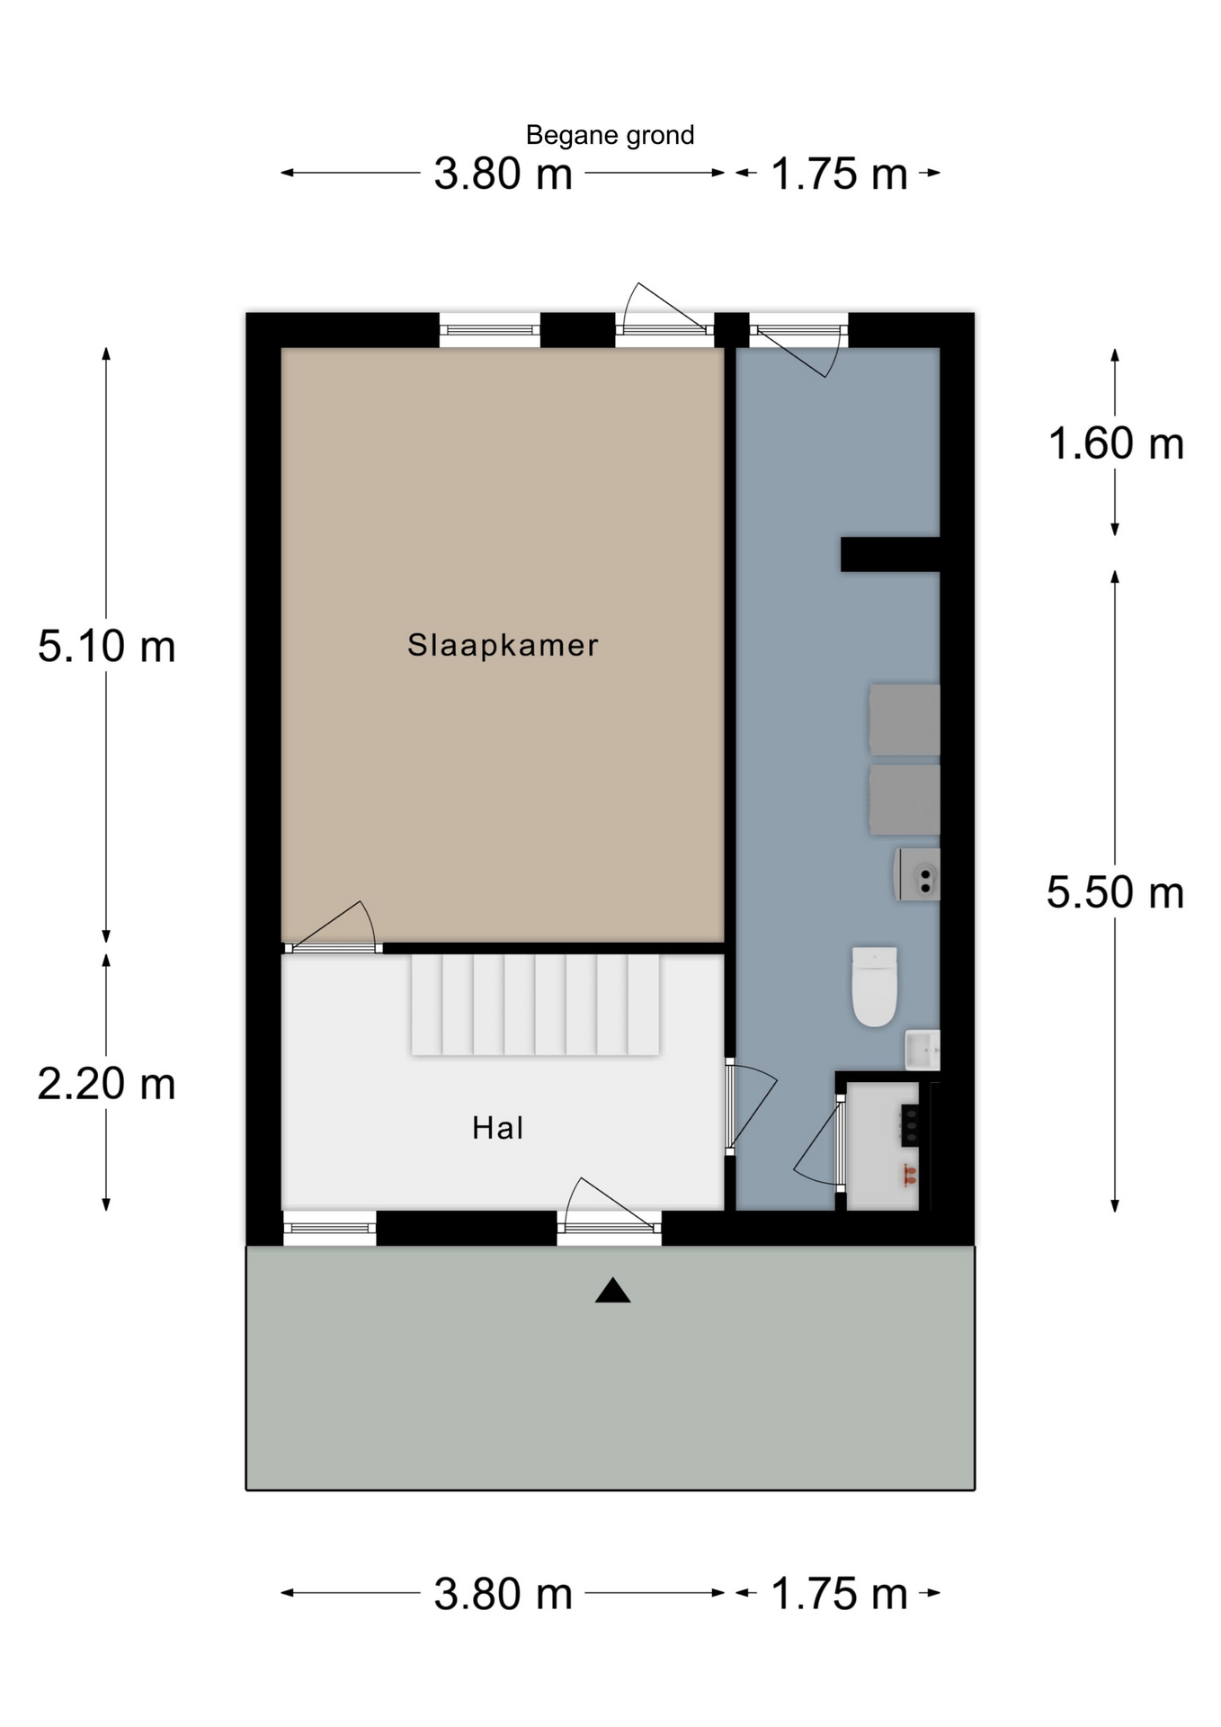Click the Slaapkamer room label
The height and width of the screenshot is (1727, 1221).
503,645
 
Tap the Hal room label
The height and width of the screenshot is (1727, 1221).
498,1128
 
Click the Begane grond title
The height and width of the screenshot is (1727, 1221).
610,136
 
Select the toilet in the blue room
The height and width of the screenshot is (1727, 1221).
874,986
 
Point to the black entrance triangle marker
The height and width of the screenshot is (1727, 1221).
612,1291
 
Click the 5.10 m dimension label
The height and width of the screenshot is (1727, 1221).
106,647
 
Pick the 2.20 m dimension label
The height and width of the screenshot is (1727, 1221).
106,1083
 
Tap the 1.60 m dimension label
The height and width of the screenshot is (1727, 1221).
1116,444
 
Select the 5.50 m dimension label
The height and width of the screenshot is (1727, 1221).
1115,893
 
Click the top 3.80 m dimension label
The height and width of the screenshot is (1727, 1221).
503,174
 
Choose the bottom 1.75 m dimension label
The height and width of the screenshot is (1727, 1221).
839,1594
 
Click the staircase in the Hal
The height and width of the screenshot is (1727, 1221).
536,1005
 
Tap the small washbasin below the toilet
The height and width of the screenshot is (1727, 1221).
922,1050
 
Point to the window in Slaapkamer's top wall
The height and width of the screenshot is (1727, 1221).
490,330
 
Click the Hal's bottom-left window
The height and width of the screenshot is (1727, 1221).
329,1228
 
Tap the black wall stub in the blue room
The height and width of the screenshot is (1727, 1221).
890,554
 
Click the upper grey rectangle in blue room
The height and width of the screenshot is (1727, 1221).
904,720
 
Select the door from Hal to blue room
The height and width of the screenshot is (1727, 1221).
750,1109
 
